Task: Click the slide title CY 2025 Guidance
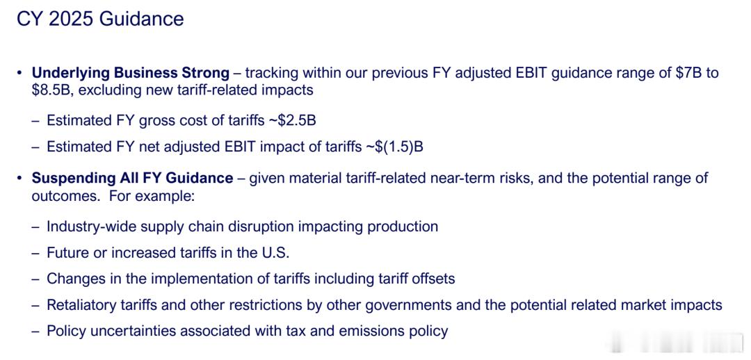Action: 100,19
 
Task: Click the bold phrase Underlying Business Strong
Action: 131,73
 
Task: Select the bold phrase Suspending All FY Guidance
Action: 133,179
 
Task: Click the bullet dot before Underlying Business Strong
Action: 19,74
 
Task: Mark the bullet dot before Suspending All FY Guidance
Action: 19,179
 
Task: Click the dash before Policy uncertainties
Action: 35,332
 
